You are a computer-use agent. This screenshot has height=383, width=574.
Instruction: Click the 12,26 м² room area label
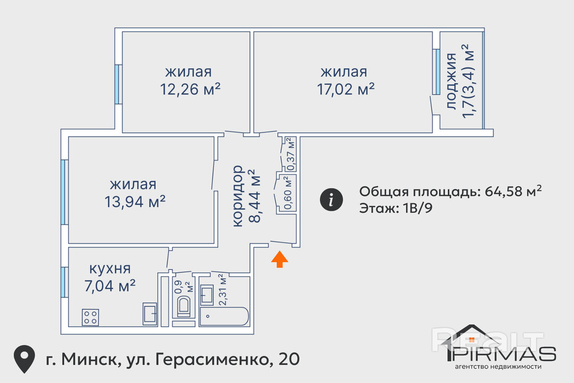click(x=190, y=89)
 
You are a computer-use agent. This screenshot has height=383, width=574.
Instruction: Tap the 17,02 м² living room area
click(x=345, y=89)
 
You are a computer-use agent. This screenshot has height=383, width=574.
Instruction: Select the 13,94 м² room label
click(x=134, y=202)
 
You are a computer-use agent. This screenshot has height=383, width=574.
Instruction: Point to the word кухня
click(x=110, y=269)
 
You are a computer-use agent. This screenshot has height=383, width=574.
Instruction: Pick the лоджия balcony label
click(x=452, y=81)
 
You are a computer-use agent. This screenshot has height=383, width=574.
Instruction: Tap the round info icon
click(x=331, y=200)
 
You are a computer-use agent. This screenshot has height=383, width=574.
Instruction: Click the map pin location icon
click(x=24, y=359)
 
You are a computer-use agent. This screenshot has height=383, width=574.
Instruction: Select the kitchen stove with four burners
click(x=90, y=318)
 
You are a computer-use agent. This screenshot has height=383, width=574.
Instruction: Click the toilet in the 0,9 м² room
click(x=183, y=306)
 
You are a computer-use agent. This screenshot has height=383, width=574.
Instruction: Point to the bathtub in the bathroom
click(x=224, y=317)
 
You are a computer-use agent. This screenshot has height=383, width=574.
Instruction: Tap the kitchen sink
click(x=150, y=314)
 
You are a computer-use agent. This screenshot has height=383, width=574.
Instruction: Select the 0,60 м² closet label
click(x=288, y=193)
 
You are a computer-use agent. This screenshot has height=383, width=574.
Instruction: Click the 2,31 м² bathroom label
click(x=223, y=289)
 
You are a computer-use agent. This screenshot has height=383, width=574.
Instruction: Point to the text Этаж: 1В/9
click(x=396, y=208)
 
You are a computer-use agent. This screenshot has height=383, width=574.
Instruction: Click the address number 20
click(x=289, y=359)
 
